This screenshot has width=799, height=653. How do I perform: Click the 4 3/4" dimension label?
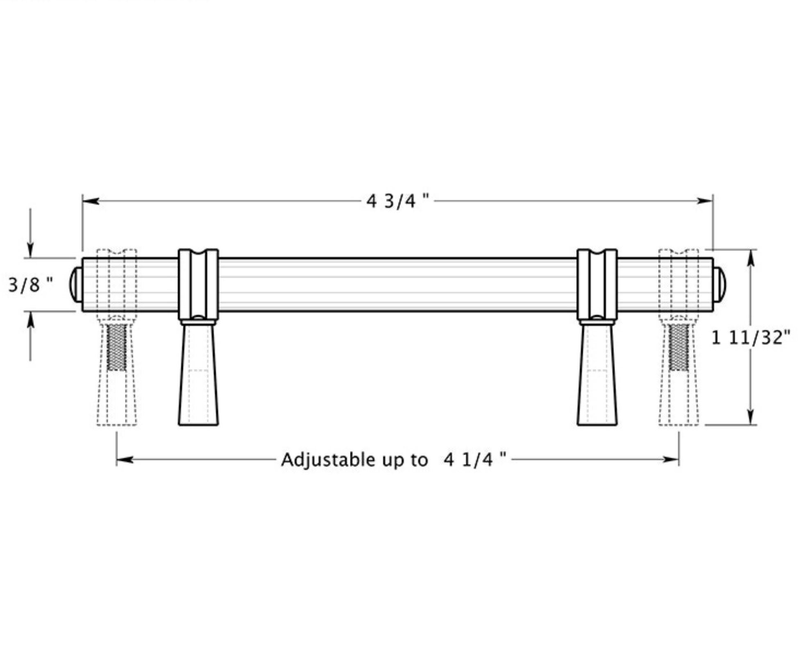tap(397, 201)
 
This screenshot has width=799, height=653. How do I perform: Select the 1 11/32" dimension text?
tap(751, 338)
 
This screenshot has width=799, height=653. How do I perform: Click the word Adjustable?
tap(328, 460)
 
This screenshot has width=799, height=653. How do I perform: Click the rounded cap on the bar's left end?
tap(76, 284)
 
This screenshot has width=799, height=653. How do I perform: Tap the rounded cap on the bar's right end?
tap(719, 284)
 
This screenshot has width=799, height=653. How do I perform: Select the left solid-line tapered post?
tap(198, 373)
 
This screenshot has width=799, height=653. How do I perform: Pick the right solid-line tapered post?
tap(597, 373)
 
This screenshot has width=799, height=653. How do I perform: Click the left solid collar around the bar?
tap(198, 284)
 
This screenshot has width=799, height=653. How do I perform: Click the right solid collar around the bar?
tap(597, 284)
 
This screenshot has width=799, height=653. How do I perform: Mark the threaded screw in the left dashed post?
tap(116, 347)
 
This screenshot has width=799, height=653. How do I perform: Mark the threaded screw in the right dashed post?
tap(679, 347)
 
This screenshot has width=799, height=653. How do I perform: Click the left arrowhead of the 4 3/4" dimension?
tap(91, 201)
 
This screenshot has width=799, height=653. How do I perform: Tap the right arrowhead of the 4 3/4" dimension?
tap(705, 201)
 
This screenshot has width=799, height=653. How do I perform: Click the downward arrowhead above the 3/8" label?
tap(30, 250)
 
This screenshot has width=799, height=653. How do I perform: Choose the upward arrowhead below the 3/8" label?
tap(30, 320)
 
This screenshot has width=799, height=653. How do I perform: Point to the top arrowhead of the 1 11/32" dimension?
tap(751, 258)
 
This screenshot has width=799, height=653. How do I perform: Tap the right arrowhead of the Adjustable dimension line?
tap(670, 459)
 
